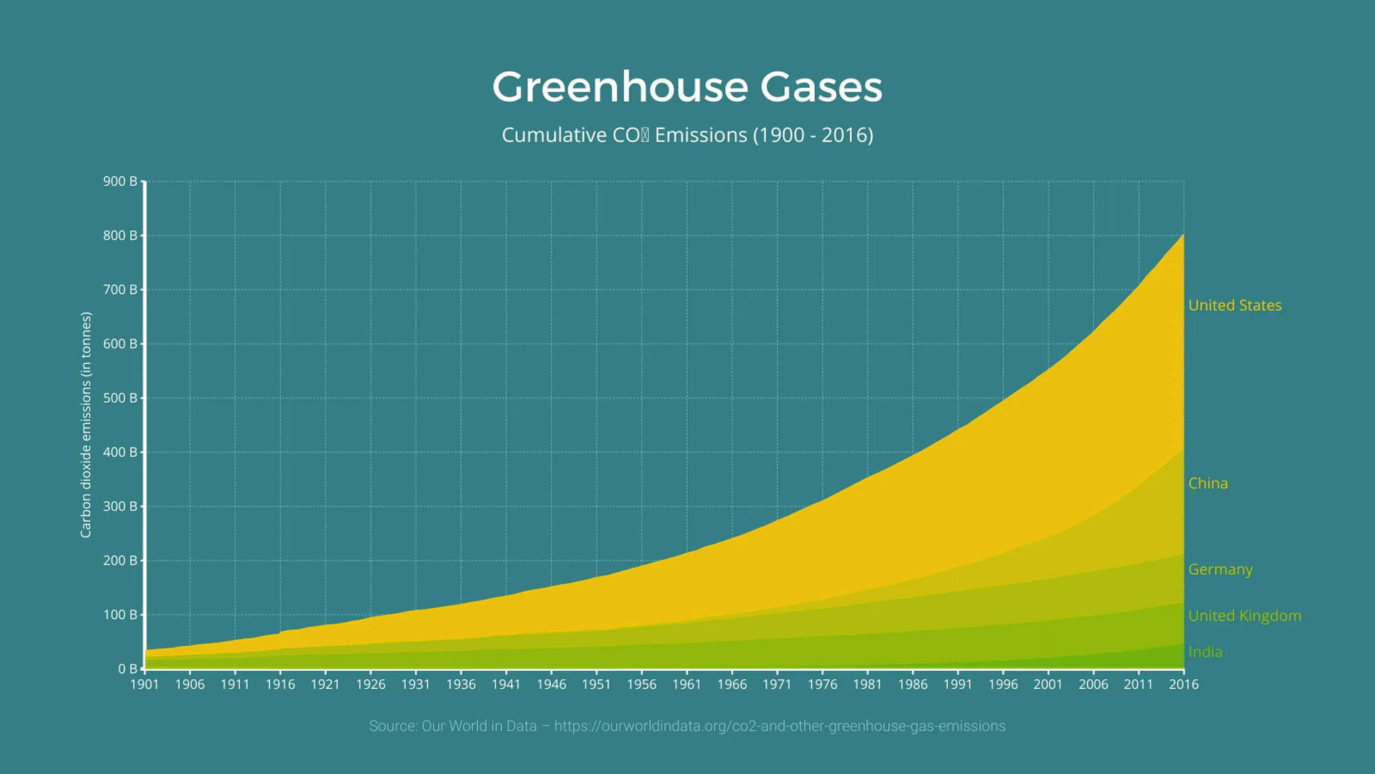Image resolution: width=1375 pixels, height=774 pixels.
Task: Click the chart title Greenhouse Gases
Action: pos(687,87)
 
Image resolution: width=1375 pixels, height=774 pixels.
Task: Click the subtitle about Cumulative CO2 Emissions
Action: pos(687,135)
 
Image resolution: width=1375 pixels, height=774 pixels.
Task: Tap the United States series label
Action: pos(1234,306)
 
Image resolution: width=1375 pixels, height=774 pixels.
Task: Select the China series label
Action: pos(1207,484)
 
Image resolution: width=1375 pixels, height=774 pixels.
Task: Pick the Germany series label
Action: pos(1220,570)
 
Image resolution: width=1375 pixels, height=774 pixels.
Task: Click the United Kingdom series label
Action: pos(1244,616)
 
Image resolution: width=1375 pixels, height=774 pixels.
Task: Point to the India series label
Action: pos(1205,652)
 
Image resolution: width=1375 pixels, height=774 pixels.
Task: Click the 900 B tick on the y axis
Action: pos(121,181)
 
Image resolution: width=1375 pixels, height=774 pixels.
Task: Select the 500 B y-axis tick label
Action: pos(121,398)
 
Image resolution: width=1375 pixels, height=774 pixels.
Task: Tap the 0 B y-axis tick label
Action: pos(127,669)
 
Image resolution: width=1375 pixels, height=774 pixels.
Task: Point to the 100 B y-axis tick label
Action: pos(121,615)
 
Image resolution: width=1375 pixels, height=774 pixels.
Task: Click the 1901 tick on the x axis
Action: pos(144,684)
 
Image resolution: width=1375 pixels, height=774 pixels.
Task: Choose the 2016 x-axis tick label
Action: pos(1184,684)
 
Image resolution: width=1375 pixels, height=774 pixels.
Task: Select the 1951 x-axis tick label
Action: pos(596,684)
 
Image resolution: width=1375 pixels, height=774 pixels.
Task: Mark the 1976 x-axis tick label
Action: pos(822,684)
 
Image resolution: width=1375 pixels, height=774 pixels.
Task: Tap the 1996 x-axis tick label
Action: pos(1003,684)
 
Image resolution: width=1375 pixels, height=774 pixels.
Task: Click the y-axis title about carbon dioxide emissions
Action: pos(86,425)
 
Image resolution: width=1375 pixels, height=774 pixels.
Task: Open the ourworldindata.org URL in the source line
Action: pos(779,726)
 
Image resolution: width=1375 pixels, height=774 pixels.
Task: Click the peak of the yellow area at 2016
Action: pos(1183,235)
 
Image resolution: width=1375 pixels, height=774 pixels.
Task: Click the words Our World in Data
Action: pos(479,726)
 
